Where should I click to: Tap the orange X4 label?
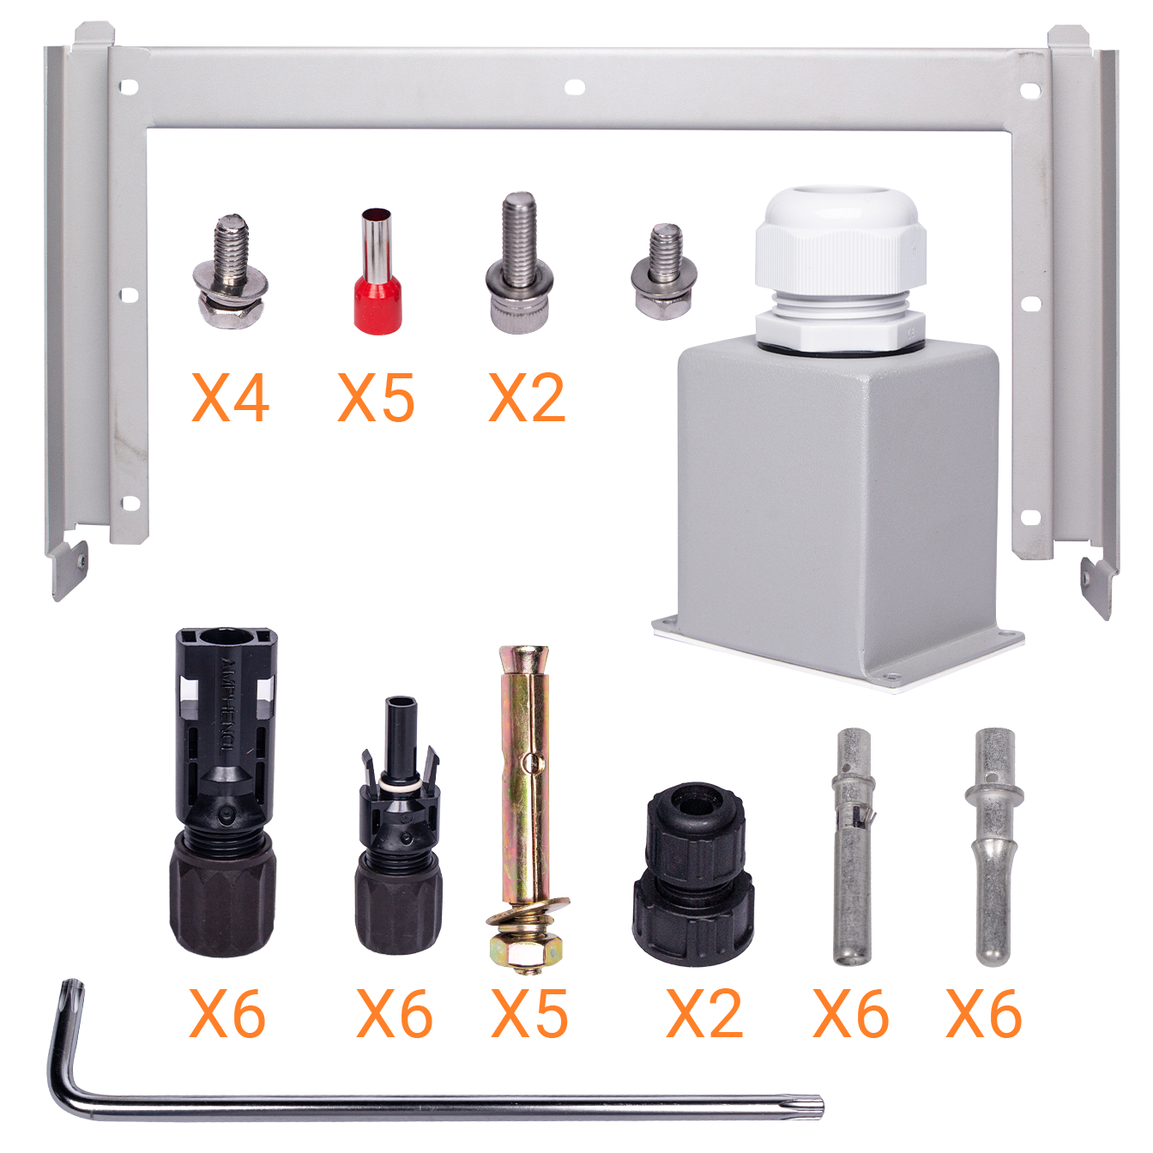pos(230,398)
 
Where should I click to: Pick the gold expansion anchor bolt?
pos(527,798)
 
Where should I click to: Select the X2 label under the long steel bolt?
pos(527,398)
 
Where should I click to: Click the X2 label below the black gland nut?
pos(703,1014)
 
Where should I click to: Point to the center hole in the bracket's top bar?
pos(573,86)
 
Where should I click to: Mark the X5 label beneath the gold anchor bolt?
pos(529,1014)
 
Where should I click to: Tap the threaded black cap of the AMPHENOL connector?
pos(223,896)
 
